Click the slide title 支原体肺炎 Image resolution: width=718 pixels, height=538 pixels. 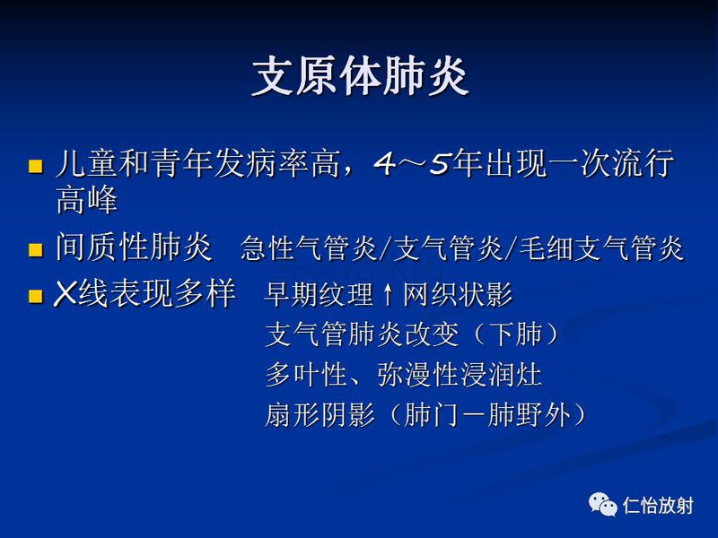coord(360,78)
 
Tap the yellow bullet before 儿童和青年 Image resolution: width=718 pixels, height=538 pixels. coord(36,166)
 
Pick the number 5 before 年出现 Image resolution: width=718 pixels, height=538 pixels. coord(439,165)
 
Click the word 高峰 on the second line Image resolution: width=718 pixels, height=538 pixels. coord(86,201)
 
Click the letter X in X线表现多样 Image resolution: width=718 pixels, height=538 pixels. coord(64,294)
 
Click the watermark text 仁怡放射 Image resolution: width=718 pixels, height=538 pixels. coord(658,506)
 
